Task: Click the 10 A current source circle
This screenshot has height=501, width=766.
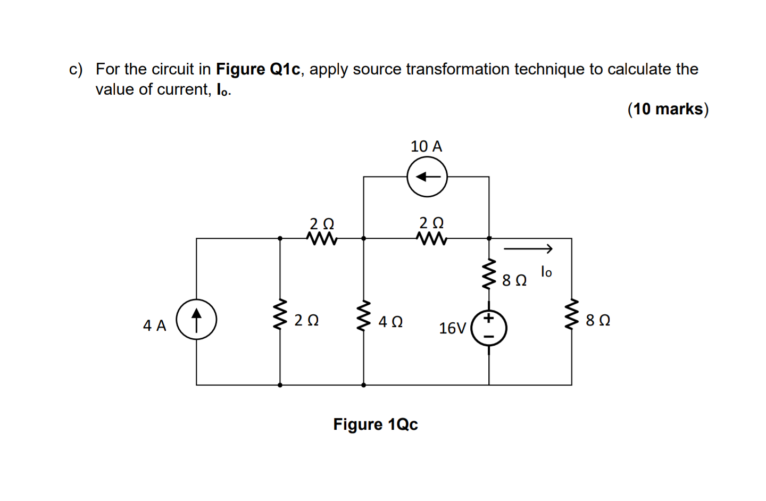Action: coord(427,177)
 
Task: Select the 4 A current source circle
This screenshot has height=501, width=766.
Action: coord(196,320)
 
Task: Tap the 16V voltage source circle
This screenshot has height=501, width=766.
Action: coord(489,328)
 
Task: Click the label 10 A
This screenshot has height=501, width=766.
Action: coord(426,146)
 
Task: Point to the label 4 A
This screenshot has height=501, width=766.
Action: coord(154,325)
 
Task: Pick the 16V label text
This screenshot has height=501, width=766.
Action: coord(452,328)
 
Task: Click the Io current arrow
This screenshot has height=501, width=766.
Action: coord(528,248)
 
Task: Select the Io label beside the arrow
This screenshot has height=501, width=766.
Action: coord(546,272)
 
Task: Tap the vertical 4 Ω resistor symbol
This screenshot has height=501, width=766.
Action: coord(364,316)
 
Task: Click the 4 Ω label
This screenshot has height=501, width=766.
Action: coord(390,322)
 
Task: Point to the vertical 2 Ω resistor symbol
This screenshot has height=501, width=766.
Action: coord(280,315)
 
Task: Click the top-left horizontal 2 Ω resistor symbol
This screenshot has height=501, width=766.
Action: coord(322,239)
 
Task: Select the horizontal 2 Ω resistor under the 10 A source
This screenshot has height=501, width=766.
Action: coord(432,239)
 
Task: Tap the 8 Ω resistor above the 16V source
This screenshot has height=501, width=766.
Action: coord(489,274)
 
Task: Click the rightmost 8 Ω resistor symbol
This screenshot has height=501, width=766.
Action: coord(572,314)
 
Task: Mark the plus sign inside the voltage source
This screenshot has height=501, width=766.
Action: coord(489,319)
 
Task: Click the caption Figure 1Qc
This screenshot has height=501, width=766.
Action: coord(376,424)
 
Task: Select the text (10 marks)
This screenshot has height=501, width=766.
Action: coord(668,109)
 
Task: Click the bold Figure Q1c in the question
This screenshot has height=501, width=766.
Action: coord(258,69)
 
